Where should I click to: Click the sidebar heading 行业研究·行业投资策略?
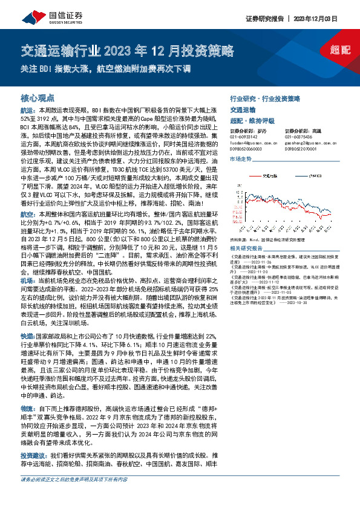265,97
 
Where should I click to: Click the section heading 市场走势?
240,158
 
